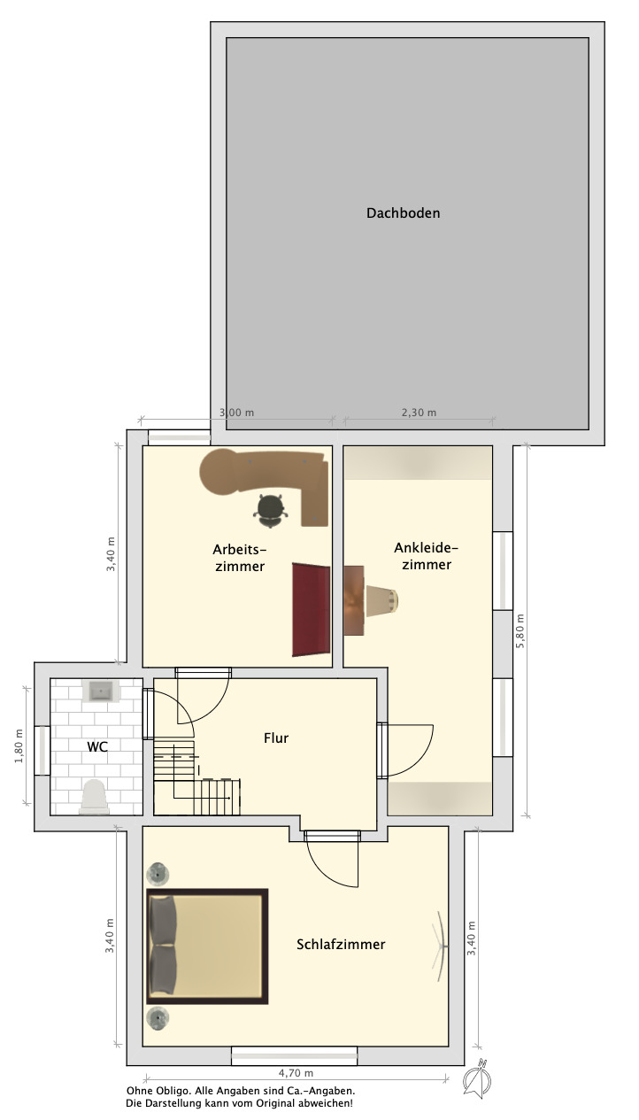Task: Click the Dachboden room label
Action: (403, 213)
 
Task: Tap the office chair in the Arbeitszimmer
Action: (271, 510)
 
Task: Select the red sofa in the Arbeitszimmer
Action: (311, 609)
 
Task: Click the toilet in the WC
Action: (95, 797)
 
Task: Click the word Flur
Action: (276, 738)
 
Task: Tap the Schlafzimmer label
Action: (341, 945)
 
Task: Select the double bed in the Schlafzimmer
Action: (207, 946)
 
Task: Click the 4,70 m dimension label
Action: (296, 1073)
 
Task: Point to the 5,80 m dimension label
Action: (520, 631)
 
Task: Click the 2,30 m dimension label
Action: (419, 413)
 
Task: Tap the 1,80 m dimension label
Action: (19, 746)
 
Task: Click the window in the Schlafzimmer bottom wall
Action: (295, 1057)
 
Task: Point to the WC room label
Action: (97, 747)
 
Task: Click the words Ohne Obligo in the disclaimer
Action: (158, 1091)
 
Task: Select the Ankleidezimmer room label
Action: (427, 556)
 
